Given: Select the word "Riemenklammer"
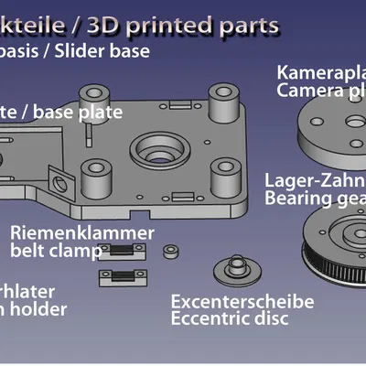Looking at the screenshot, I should (81, 232).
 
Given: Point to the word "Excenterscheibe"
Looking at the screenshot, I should (242, 301).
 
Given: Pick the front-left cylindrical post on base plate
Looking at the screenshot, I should (93, 173).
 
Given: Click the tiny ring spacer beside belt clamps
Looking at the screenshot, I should (170, 250).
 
